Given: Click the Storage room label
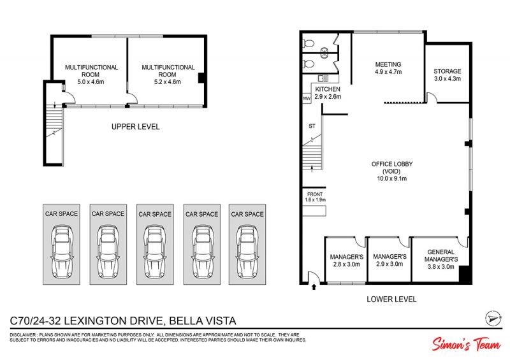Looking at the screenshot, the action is pos(448,71).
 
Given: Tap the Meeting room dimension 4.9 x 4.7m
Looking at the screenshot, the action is pos(388,72).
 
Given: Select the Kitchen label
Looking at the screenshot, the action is pos(328,89).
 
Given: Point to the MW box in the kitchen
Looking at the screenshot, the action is pos(307,98).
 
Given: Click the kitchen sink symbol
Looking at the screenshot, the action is pos(323,78).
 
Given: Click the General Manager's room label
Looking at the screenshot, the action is pos(441,256).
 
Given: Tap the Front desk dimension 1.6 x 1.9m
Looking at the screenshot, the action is pos(315,199).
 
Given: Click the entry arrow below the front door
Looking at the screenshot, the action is pos(314,287).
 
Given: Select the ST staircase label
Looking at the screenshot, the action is pos(312,126).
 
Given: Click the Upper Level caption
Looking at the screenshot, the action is pos(136,127).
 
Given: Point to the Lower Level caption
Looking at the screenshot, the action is pos(391,299).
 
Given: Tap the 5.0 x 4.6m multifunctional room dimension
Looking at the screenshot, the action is pos(91,82).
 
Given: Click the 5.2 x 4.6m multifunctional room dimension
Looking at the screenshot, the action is pos(168,82).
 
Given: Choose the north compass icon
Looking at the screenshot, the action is pos(493,318).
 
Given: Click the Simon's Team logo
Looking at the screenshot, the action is pos(466,343).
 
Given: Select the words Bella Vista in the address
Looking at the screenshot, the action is pos(203,321).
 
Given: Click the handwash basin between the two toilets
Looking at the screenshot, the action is pos(324,53).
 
